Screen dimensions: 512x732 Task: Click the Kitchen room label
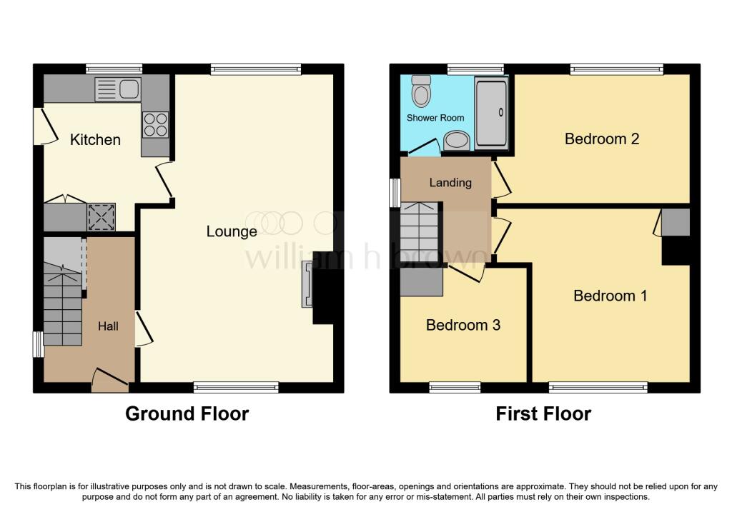click(x=95, y=139)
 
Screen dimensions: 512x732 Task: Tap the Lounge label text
click(x=232, y=231)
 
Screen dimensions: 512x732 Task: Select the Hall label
click(x=108, y=326)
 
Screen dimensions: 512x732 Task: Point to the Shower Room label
click(x=435, y=118)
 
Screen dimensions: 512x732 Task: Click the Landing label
click(x=450, y=183)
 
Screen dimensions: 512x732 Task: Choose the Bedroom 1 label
click(x=610, y=296)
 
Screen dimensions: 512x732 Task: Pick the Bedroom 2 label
click(x=601, y=139)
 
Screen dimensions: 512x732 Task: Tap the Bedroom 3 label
click(x=463, y=326)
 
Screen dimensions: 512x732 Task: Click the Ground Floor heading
click(x=187, y=413)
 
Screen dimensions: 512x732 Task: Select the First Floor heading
click(x=543, y=413)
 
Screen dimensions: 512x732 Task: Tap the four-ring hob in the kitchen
click(x=157, y=124)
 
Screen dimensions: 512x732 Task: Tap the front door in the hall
click(x=109, y=379)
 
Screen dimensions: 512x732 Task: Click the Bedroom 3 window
click(x=455, y=387)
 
